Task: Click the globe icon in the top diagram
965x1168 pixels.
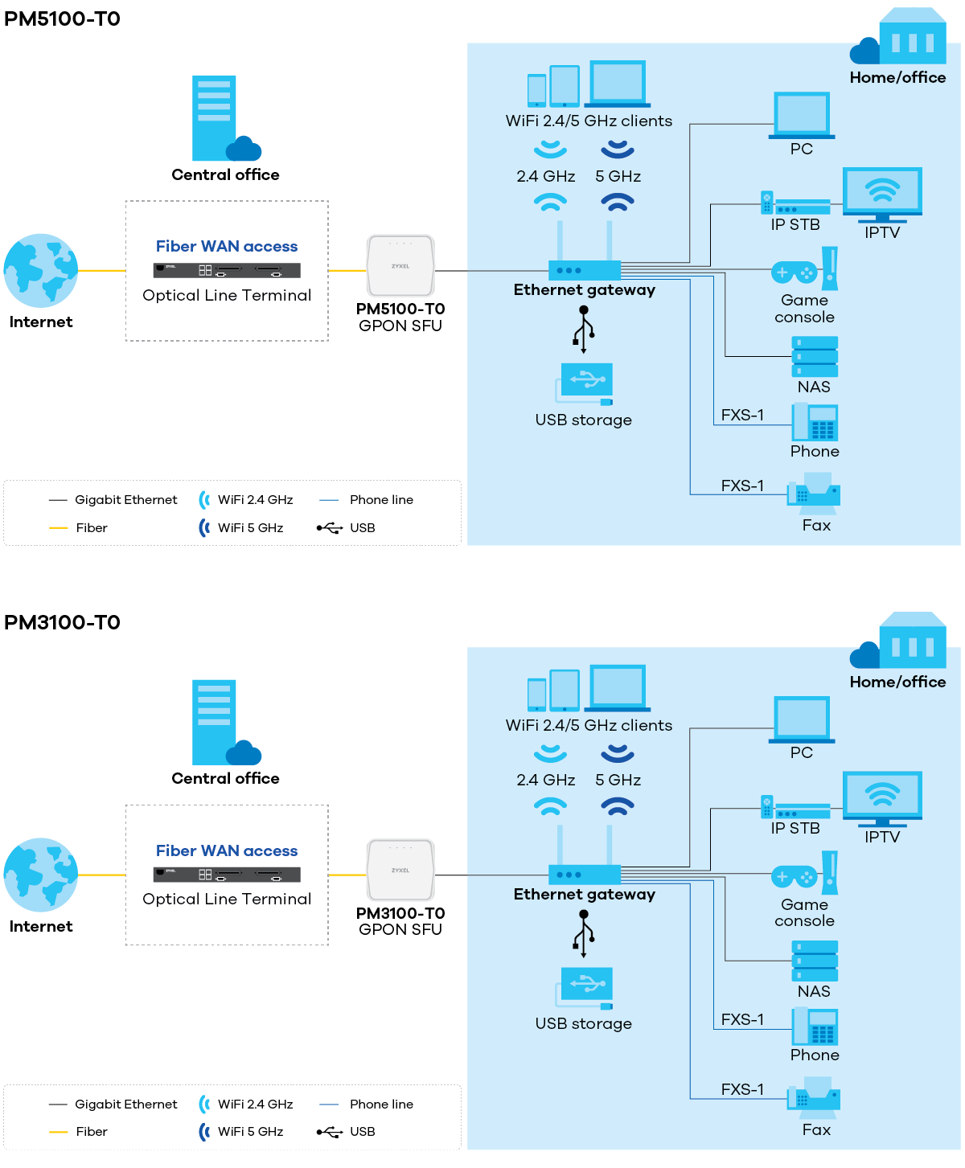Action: (x=41, y=271)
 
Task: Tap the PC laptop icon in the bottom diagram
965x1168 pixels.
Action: (x=802, y=719)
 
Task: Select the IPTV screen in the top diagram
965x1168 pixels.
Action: (x=882, y=193)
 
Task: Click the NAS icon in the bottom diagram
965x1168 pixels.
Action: (x=815, y=961)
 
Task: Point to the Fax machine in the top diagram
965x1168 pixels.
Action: (x=814, y=494)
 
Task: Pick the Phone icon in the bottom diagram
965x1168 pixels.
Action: (x=815, y=1027)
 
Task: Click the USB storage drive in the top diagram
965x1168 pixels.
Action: (x=585, y=383)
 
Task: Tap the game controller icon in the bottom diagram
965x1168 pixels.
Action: (x=794, y=876)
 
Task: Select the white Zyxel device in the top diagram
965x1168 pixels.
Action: (x=400, y=266)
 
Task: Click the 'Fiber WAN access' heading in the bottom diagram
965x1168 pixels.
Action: (x=227, y=850)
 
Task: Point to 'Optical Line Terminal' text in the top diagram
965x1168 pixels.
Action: (x=227, y=295)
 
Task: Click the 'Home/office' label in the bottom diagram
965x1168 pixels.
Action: (x=897, y=682)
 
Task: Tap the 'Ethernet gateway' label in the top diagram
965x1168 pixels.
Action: (x=585, y=290)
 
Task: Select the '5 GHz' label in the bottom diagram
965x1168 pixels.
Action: (x=618, y=780)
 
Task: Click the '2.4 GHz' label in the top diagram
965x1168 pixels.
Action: (x=545, y=176)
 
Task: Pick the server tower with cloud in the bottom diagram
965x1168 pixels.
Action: (x=220, y=723)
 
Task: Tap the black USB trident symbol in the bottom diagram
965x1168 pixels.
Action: (x=585, y=934)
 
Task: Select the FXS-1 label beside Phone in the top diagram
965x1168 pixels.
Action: (x=742, y=415)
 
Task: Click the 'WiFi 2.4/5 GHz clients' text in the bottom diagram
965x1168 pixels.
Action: (x=589, y=725)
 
